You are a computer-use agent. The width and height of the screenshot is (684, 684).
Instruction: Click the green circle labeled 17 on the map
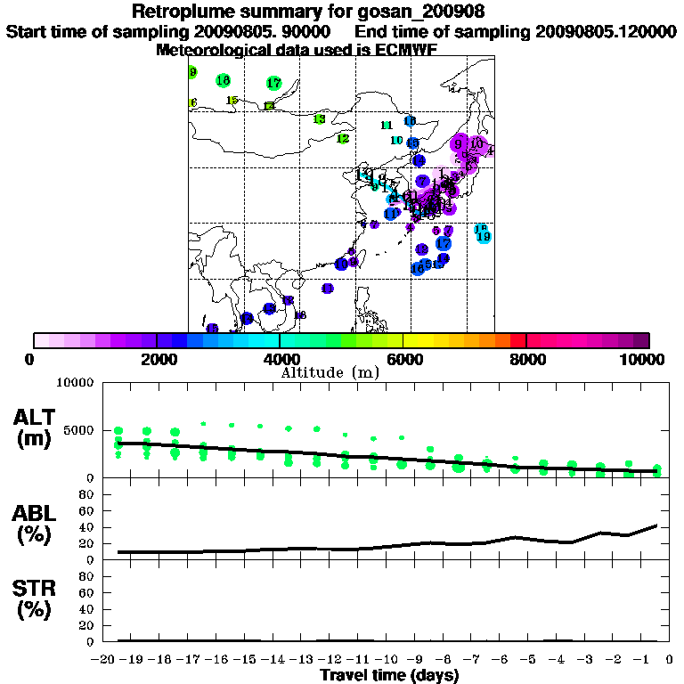(273, 83)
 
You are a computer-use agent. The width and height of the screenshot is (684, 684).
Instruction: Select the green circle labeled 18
(223, 81)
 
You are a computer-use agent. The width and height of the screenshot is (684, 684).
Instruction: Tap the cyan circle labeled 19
(484, 237)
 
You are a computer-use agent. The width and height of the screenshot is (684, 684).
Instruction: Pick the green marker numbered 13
(319, 119)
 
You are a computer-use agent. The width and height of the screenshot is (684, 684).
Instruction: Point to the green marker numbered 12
(342, 138)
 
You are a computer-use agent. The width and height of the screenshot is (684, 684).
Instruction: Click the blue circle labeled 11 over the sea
(392, 214)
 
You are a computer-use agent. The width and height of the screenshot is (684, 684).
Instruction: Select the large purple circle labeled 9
(458, 143)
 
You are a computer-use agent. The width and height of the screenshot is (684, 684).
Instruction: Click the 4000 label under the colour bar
(280, 359)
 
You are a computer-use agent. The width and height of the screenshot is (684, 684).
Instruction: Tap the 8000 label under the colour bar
(526, 359)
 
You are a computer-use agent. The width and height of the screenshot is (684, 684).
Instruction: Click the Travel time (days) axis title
(389, 676)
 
